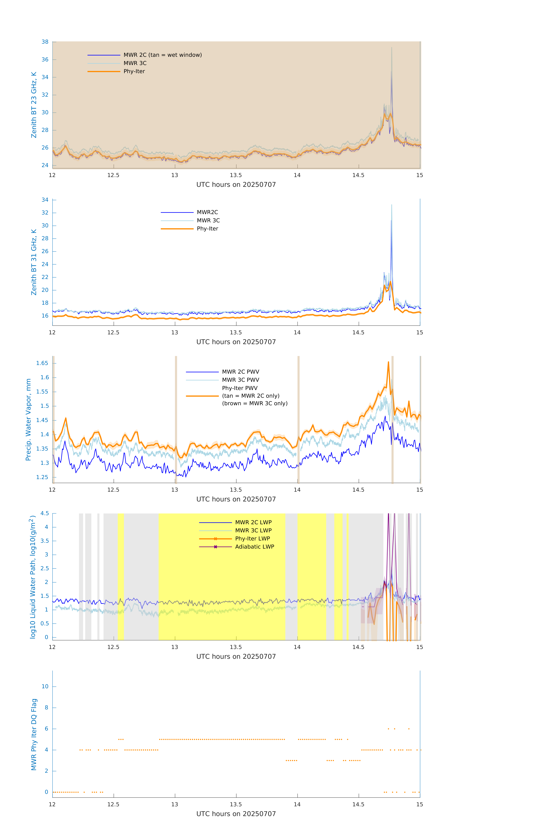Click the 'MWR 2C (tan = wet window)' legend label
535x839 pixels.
(162, 55)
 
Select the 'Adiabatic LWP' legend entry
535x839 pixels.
(254, 547)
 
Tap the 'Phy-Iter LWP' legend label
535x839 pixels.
(252, 539)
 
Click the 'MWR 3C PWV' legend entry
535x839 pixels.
(240, 380)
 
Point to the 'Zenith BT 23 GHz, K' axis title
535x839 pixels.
(34, 105)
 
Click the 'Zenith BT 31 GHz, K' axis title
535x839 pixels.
(34, 262)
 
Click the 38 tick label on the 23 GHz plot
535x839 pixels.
(45, 42)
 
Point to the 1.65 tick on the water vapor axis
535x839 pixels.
(42, 363)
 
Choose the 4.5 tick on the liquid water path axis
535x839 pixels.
(45, 513)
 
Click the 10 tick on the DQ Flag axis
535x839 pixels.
(45, 686)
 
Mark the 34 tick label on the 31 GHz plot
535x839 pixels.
(45, 200)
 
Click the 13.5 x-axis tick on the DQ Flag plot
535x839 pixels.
(236, 804)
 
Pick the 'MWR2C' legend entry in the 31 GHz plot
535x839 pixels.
(207, 212)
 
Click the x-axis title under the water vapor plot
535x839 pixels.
(236, 499)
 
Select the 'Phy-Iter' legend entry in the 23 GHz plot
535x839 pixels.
(134, 71)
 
